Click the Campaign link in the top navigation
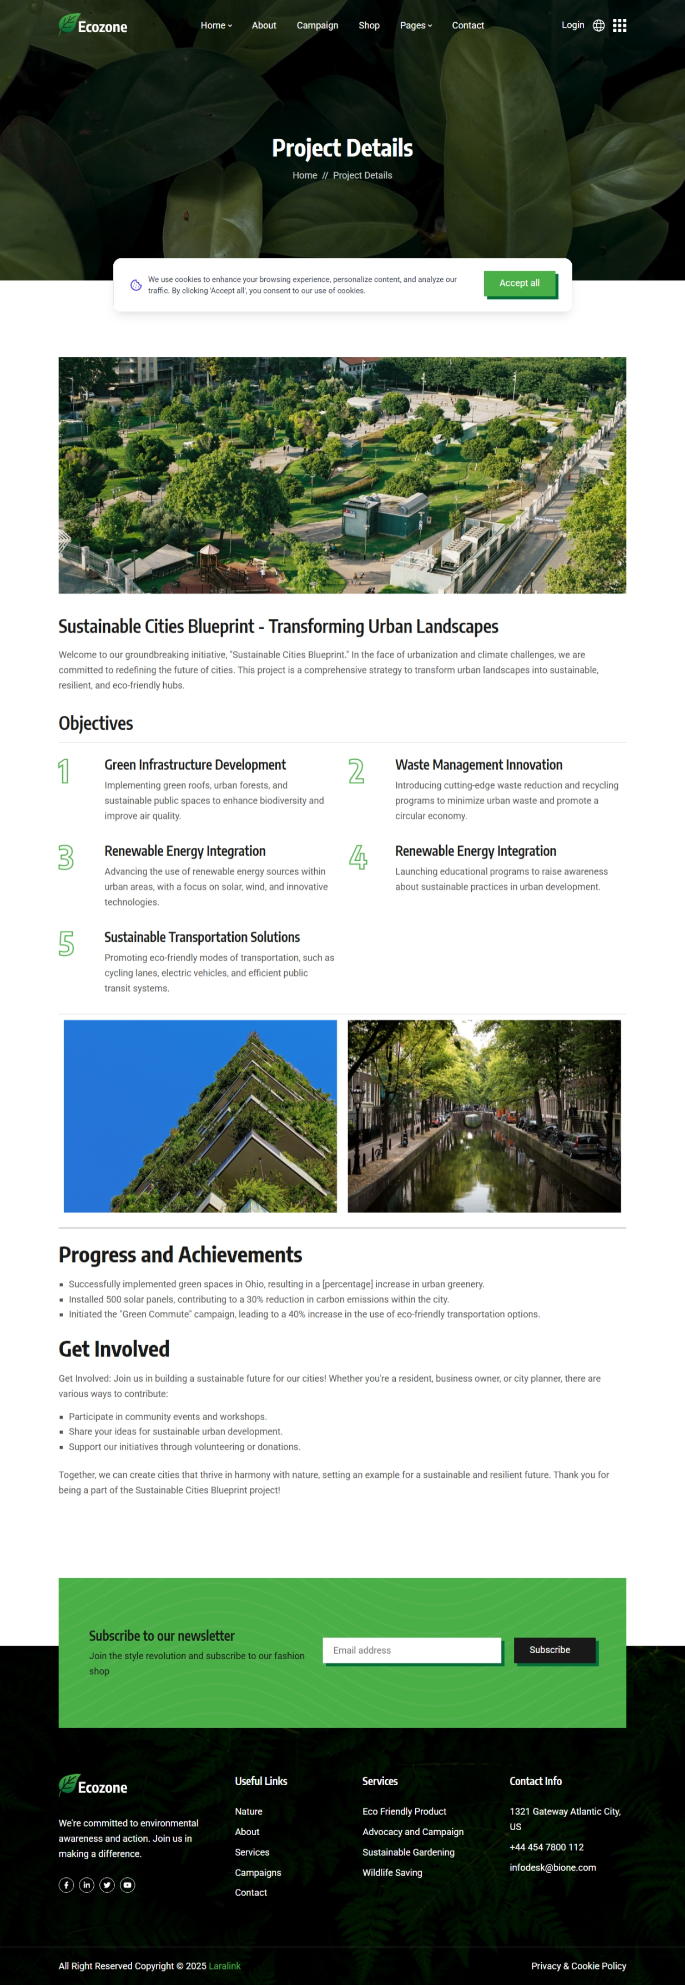316,26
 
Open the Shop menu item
369,26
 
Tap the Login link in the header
572,24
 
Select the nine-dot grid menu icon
619,26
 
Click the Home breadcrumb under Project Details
304,176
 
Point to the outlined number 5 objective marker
66,943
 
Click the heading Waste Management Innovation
479,764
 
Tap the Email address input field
411,1650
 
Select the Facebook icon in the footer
66,1885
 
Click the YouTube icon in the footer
128,1885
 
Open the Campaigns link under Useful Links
258,1872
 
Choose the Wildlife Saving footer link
392,1872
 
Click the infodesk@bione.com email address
552,1867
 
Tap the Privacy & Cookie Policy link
578,1966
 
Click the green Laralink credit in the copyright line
224,1966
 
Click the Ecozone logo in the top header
93,26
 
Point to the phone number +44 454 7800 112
546,1847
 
